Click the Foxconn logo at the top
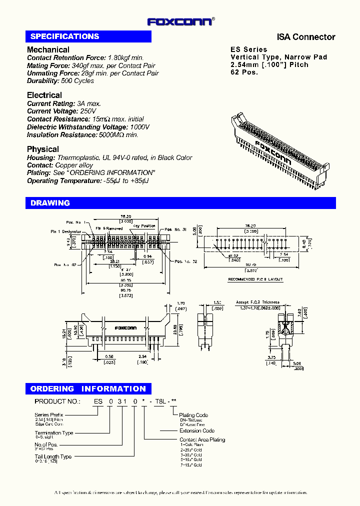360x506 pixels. pyautogui.click(x=180, y=21)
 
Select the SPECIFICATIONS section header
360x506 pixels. pyautogui.click(x=64, y=36)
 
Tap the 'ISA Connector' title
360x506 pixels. pyautogui.click(x=306, y=37)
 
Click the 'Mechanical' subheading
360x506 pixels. pyautogui.click(x=48, y=49)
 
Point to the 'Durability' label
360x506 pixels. pyautogui.click(x=42, y=81)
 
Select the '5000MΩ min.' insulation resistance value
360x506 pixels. pyautogui.click(x=118, y=135)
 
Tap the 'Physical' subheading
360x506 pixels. pyautogui.click(x=42, y=149)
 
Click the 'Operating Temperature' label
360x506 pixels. pyautogui.click(x=63, y=181)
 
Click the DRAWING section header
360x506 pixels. pyautogui.click(x=50, y=203)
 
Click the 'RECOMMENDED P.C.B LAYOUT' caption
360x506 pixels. pyautogui.click(x=255, y=279)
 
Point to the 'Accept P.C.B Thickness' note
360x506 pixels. pyautogui.click(x=257, y=302)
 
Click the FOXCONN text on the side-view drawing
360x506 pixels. pyautogui.click(x=125, y=328)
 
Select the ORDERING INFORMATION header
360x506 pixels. pyautogui.click(x=88, y=389)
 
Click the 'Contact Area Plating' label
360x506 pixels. pyautogui.click(x=202, y=439)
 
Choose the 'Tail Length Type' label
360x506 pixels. pyautogui.click(x=53, y=456)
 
